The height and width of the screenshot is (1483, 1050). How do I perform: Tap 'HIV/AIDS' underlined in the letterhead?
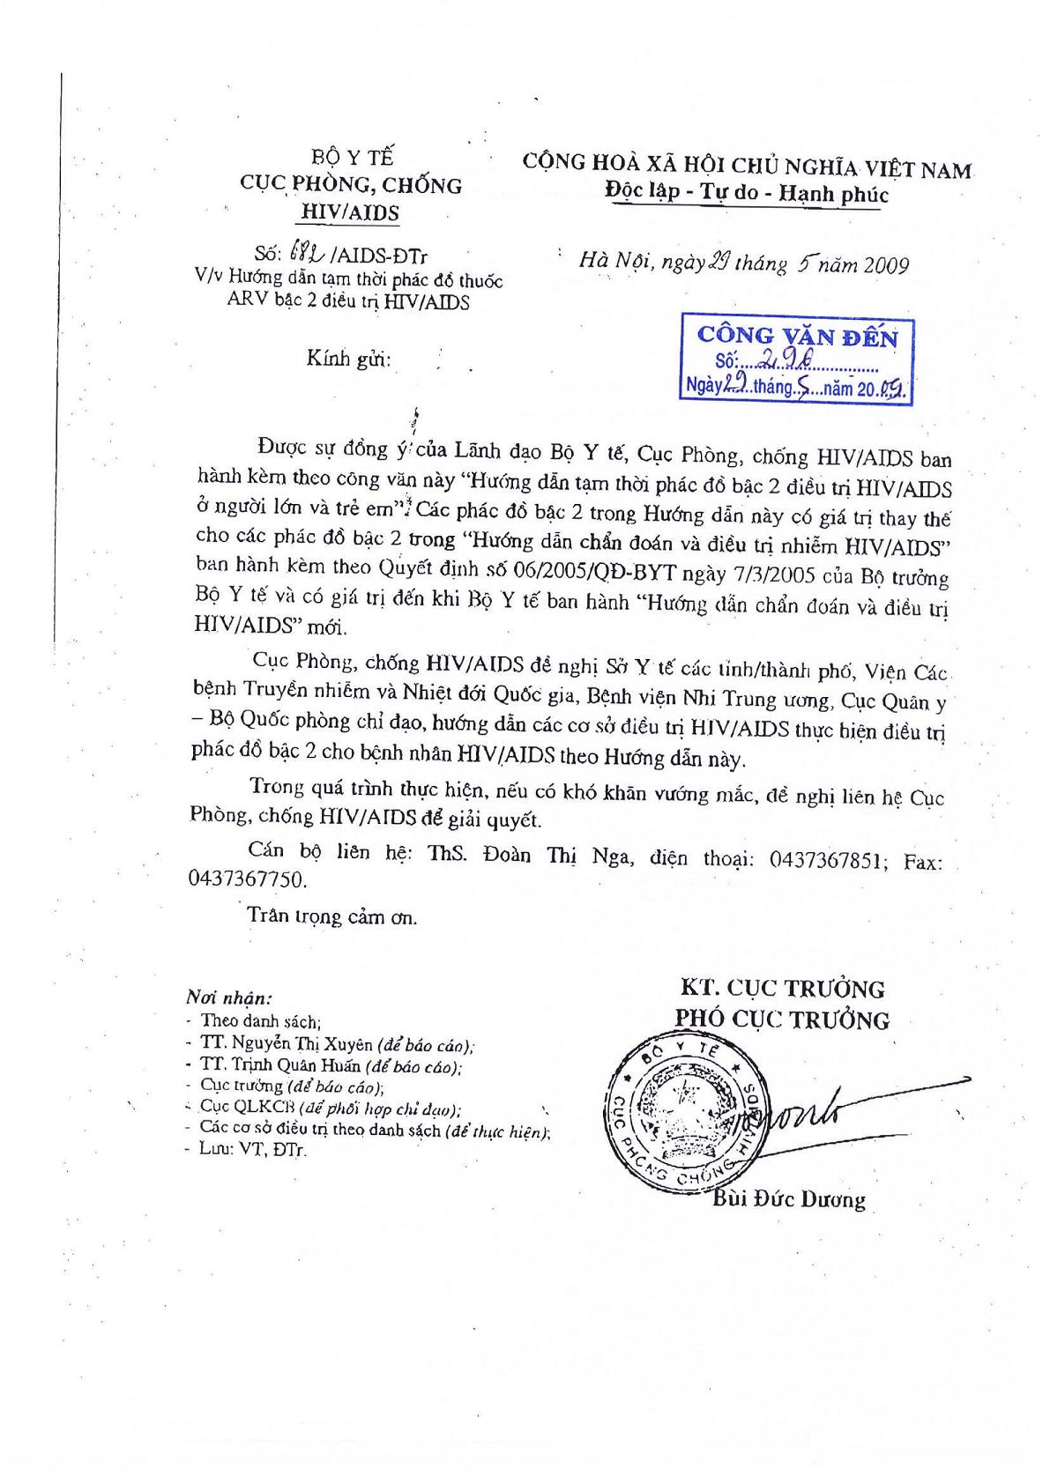pos(350,212)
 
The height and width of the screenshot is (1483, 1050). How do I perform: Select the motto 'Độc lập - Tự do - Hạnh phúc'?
pos(746,193)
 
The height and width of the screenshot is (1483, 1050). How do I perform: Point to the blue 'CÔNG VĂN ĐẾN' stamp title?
pos(797,336)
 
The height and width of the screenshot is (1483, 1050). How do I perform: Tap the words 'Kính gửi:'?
pos(348,360)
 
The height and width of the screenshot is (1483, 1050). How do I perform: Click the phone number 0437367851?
pos(826,860)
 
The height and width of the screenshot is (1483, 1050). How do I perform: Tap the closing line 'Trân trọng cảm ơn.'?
pos(332,916)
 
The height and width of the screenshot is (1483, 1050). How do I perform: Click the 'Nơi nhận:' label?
pos(228,998)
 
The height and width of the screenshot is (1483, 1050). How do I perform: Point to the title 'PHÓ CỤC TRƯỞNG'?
pos(782,1020)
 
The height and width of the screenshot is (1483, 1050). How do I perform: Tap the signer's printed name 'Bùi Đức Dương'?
pos(788,1199)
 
